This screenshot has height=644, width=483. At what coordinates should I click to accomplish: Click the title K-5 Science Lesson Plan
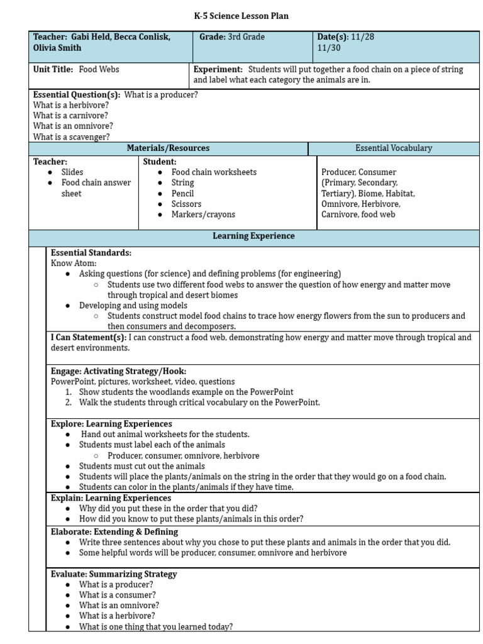coord(241,16)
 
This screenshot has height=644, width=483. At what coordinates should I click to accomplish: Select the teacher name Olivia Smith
coord(57,48)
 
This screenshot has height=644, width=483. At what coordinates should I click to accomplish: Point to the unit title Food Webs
coord(99,69)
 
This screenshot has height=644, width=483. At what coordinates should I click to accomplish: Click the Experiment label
coord(218,69)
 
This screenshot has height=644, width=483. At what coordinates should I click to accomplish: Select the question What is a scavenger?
coord(71,136)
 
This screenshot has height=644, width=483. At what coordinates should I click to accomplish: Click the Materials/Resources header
coord(168,148)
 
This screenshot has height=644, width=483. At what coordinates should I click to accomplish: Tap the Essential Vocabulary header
coord(394,148)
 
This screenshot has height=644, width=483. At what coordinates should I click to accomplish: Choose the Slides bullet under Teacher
coord(72,172)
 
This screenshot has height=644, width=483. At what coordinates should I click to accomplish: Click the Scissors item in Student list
coord(186,204)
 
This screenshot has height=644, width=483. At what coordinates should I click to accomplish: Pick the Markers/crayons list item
coord(203,214)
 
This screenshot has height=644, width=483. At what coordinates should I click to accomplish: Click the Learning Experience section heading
coord(253,236)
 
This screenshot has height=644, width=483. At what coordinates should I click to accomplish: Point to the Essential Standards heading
coord(91,253)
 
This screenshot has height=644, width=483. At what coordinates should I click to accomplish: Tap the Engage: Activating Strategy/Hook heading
coord(118,371)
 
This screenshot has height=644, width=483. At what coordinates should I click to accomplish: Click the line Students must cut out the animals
coord(142,466)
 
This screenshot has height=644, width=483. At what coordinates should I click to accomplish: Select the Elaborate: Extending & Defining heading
coord(114,531)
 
